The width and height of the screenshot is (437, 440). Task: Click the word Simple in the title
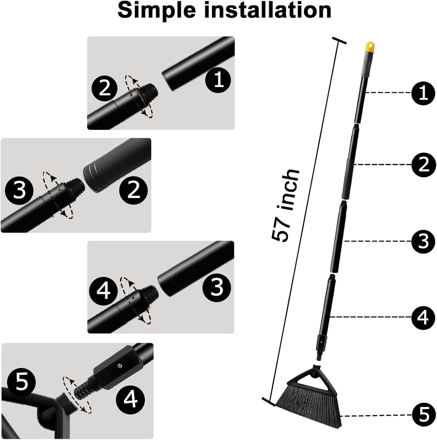point(156,10)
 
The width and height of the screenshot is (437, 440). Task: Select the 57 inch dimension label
point(285,206)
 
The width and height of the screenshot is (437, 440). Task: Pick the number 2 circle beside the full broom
point(424,165)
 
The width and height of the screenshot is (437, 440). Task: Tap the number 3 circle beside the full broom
point(424,241)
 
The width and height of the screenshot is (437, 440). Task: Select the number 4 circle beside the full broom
point(424,317)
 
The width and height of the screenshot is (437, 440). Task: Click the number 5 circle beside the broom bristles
point(424,415)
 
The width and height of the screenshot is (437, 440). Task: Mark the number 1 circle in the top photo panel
point(218,80)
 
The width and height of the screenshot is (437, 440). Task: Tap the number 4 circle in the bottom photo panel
point(130,399)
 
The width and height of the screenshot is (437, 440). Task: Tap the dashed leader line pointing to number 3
point(378,241)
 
